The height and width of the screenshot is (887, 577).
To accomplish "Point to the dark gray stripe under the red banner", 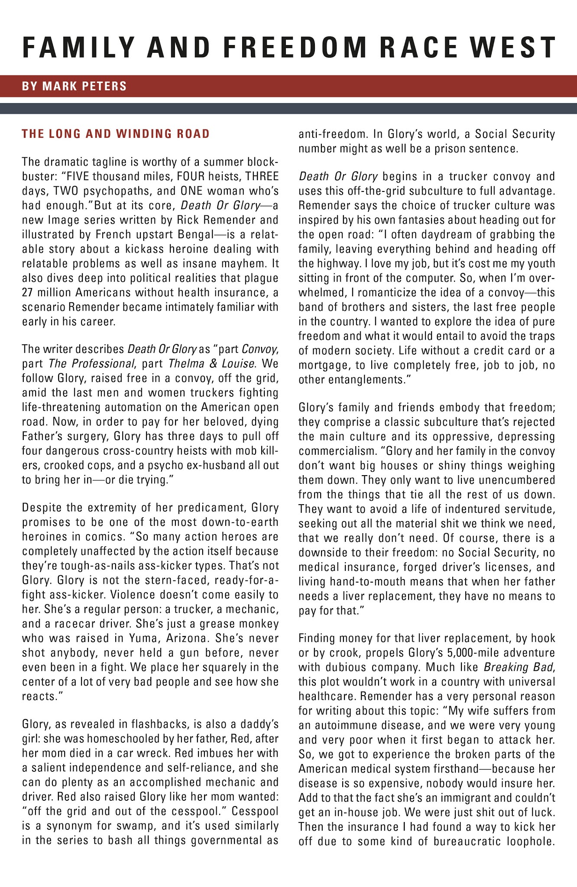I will (x=288, y=108).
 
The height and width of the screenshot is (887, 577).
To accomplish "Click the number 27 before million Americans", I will (x=28, y=292).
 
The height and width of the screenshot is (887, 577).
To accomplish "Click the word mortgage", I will (x=324, y=365).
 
